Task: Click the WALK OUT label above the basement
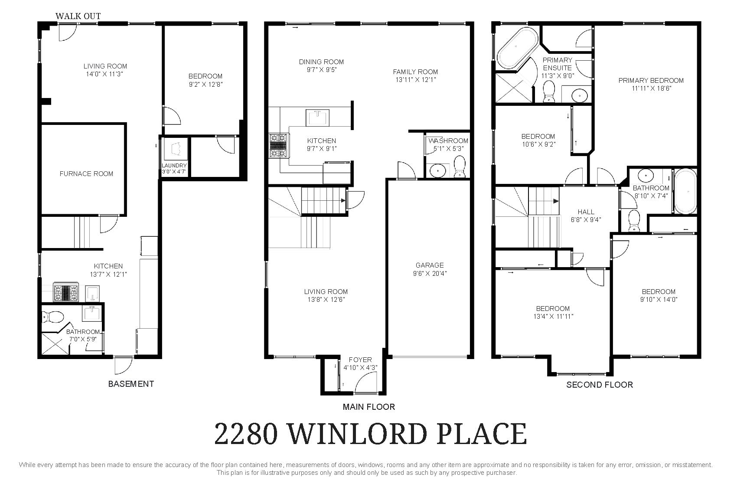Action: (78, 16)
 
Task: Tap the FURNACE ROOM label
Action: (86, 173)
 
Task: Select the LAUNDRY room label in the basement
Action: (174, 165)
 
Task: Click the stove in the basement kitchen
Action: (66, 292)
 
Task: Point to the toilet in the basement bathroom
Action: (52, 317)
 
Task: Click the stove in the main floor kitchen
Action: (278, 146)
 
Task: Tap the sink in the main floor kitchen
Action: (317, 118)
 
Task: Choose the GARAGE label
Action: (429, 265)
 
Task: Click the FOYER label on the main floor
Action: (360, 360)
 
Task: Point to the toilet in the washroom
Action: (460, 167)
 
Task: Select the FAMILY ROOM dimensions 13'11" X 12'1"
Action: (416, 80)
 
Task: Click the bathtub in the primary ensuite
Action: (517, 48)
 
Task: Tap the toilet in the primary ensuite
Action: (549, 91)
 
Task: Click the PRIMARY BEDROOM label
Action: (651, 80)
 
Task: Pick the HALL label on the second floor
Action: (586, 212)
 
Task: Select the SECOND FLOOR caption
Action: (600, 385)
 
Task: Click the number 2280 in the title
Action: (246, 433)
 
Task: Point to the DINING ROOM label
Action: (321, 62)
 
